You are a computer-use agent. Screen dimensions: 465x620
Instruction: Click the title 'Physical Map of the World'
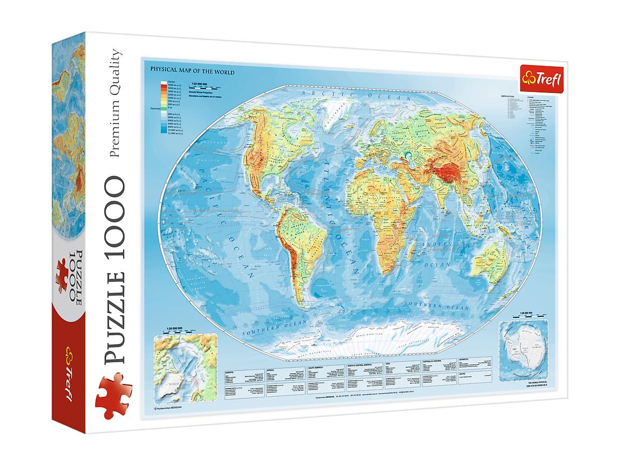[192, 72]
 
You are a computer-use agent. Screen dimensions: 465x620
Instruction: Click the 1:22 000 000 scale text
[199, 84]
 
